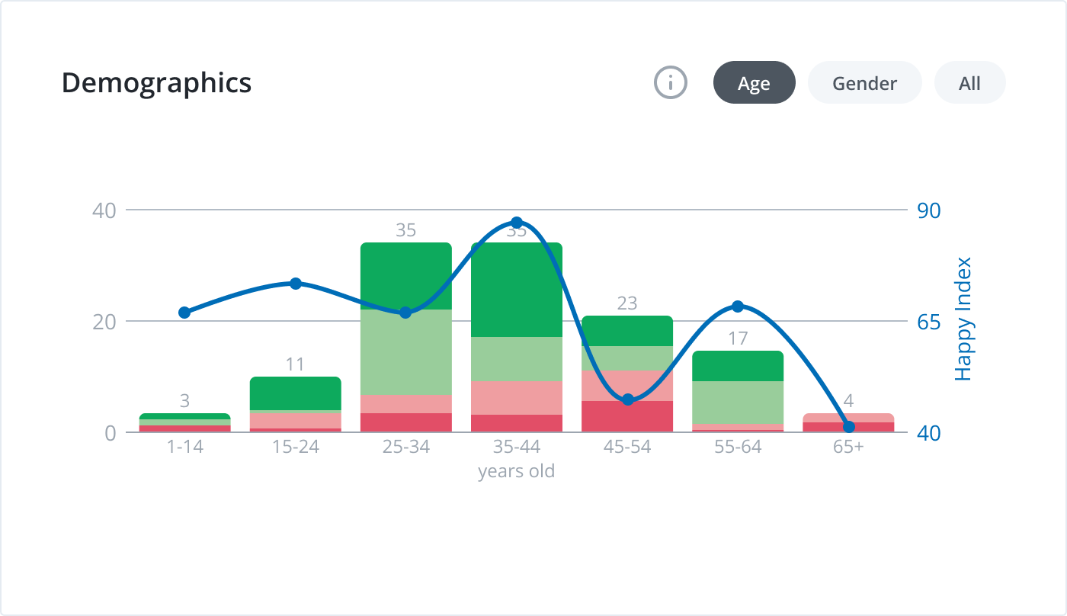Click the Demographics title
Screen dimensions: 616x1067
pos(156,82)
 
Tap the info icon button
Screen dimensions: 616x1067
pos(671,82)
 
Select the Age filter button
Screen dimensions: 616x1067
pos(754,82)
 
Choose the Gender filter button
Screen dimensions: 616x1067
pos(864,82)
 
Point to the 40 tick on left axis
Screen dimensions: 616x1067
pos(104,210)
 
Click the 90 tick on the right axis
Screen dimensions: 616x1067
pos(928,210)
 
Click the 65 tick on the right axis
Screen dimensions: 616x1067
pos(928,322)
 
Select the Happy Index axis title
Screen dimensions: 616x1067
pos(964,319)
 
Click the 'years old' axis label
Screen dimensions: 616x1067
pos(516,471)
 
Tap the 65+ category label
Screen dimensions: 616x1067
pos(848,447)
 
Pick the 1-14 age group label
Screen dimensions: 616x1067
pos(184,447)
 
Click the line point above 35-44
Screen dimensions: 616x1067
pos(517,223)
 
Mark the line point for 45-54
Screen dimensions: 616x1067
pos(628,399)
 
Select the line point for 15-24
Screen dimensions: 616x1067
pos(296,284)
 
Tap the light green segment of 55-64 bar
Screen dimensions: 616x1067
pos(737,402)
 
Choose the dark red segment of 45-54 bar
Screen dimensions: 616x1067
pos(626,415)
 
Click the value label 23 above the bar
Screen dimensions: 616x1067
pos(626,303)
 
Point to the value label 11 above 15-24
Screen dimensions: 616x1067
pos(295,364)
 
